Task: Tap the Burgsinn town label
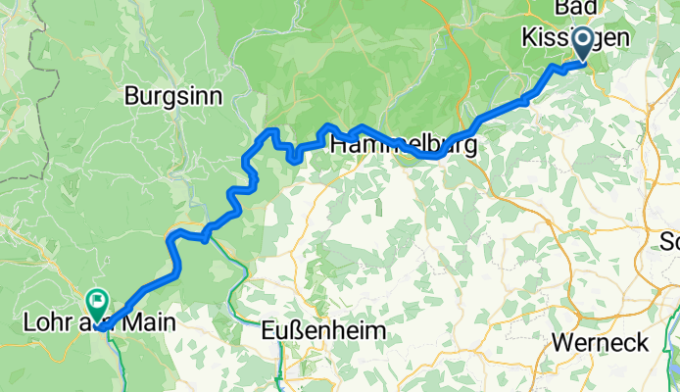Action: [173, 96]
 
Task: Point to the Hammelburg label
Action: [404, 146]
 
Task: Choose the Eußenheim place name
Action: [324, 332]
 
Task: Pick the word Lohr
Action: [44, 320]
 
